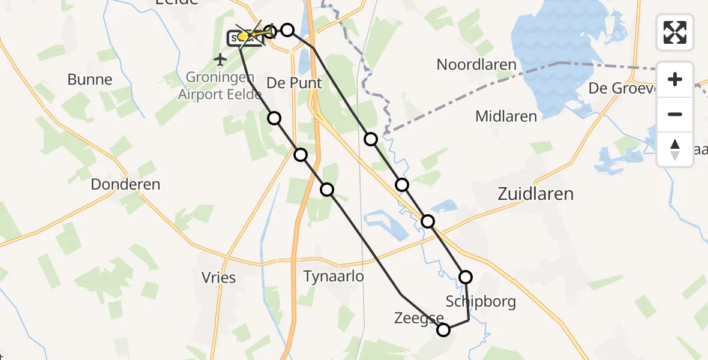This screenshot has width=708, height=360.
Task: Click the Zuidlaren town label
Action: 535,194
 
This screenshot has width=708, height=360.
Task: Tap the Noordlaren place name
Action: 476,65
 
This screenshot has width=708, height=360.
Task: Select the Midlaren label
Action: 506,116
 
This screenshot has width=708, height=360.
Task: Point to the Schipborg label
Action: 481,301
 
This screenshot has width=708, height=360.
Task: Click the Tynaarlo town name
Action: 333,276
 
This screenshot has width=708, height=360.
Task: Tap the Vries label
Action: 218,278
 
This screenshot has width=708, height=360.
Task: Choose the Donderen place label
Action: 125,184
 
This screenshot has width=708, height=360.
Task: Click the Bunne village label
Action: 90,79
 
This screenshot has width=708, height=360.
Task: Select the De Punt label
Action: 294,83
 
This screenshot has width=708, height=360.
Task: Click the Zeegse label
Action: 419,319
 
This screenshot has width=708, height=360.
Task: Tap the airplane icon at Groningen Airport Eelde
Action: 220,59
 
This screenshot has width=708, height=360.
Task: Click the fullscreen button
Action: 675,32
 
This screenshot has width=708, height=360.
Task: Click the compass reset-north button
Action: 675,149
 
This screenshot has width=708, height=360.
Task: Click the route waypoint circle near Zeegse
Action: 443,329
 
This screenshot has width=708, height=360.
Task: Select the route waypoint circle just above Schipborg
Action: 466,277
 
